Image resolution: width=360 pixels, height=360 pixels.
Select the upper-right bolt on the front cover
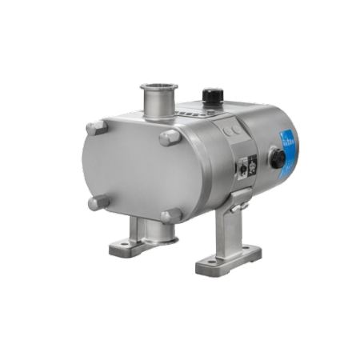[169, 138]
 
